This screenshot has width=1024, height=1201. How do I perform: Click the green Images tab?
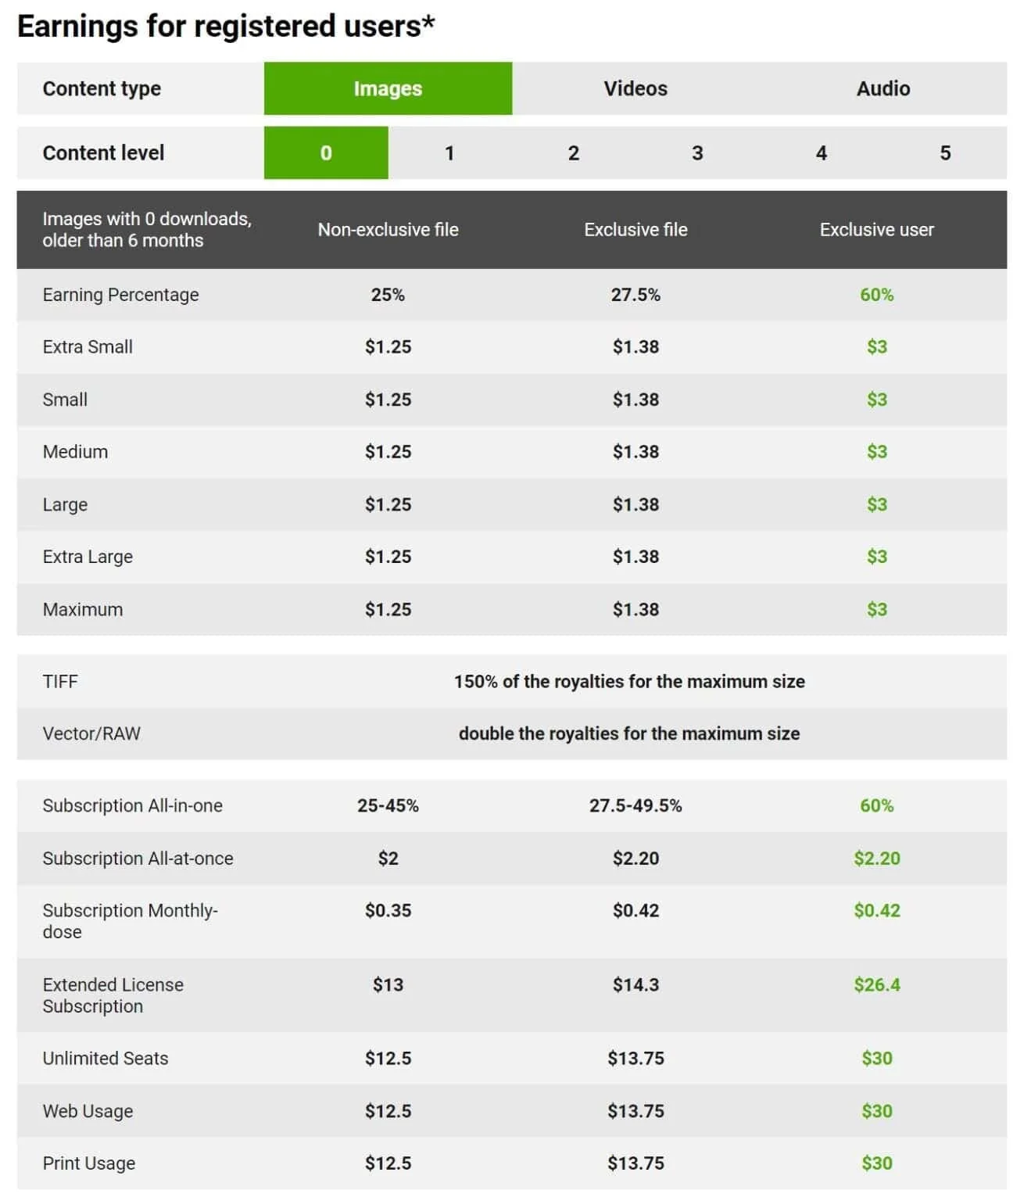(388, 88)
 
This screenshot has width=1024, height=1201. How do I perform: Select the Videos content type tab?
(635, 88)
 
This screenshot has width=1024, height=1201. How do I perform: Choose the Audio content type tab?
(883, 88)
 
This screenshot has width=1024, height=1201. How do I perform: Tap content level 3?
(696, 153)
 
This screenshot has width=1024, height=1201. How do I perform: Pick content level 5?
(944, 153)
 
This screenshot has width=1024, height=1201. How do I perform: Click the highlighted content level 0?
(326, 153)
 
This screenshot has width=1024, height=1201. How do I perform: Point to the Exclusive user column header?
(876, 230)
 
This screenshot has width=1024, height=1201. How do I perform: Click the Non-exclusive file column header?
(388, 230)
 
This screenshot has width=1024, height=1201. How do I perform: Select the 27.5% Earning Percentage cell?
(635, 295)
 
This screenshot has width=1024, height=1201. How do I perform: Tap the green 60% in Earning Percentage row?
(876, 295)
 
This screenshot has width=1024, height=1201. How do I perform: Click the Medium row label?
(75, 452)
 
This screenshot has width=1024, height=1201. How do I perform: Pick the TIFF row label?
(60, 681)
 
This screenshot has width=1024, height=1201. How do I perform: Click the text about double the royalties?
(628, 733)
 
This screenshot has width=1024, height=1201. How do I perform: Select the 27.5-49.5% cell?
(635, 805)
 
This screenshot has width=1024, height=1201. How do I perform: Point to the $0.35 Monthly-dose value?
(388, 910)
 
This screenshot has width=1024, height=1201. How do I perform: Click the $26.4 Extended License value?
(876, 984)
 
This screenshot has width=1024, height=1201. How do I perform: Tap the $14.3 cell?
(635, 984)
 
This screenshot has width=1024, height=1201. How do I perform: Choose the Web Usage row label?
(88, 1111)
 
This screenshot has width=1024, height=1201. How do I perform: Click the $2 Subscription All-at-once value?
(388, 859)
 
